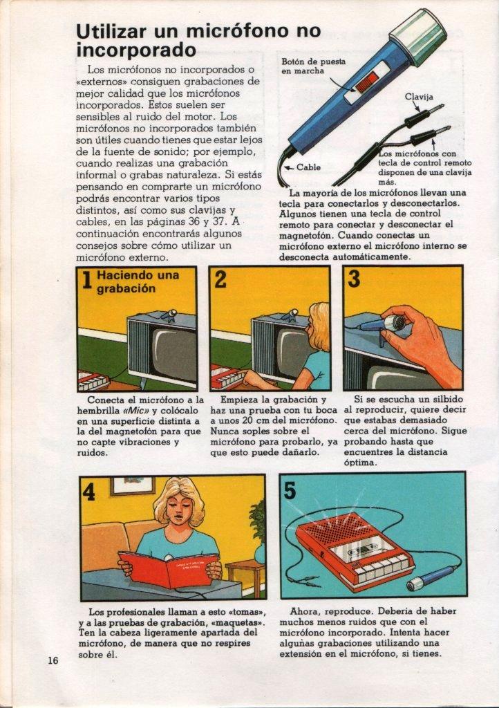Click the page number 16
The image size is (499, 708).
click(x=53, y=660)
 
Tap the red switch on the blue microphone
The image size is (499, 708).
click(x=366, y=83)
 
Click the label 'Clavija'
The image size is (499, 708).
click(x=419, y=97)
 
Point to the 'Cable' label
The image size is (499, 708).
click(x=309, y=167)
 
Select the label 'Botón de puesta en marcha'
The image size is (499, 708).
click(x=314, y=66)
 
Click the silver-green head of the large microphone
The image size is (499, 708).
click(x=417, y=36)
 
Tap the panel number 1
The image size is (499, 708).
click(x=86, y=280)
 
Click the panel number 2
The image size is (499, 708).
click(x=220, y=279)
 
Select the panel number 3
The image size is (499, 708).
click(x=354, y=279)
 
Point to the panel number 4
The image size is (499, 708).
click(x=89, y=492)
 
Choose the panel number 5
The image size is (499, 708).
click(x=290, y=490)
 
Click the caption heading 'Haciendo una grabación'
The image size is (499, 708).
click(x=138, y=282)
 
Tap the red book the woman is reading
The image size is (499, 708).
click(x=169, y=568)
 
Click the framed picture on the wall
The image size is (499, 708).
click(x=132, y=485)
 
